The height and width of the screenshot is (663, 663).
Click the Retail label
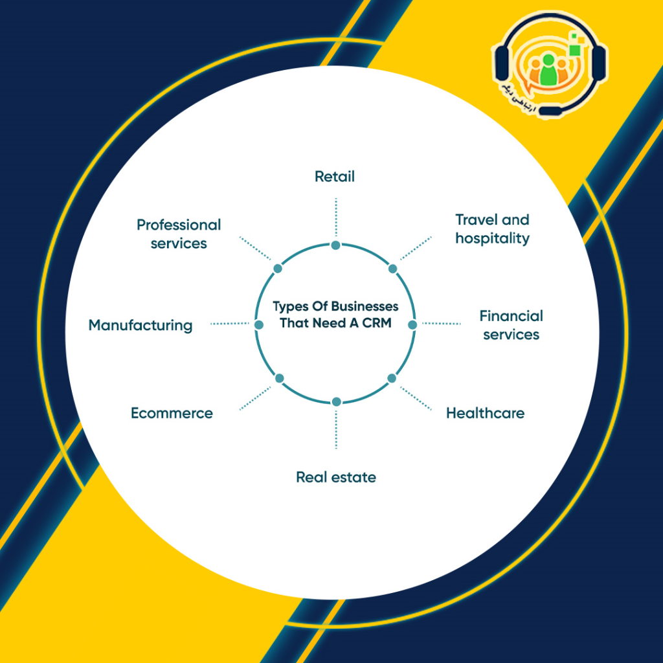[335, 176]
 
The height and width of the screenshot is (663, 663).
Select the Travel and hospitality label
[492, 229]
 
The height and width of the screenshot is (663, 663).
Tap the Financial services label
[511, 325]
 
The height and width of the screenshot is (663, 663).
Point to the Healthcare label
[485, 413]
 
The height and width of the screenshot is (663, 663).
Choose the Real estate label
[336, 477]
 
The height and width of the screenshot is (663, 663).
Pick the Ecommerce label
[172, 413]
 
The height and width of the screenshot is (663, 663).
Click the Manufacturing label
[140, 326]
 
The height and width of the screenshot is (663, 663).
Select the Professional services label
[179, 234]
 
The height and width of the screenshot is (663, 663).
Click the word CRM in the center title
[377, 323]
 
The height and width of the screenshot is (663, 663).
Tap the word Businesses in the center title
[365, 306]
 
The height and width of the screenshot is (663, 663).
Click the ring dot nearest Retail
[336, 245]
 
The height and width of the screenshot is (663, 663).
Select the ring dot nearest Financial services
[412, 324]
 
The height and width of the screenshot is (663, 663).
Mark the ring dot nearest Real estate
[337, 401]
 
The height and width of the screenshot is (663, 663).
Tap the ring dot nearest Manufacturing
[259, 325]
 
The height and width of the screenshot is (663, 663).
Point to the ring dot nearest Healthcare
[392, 378]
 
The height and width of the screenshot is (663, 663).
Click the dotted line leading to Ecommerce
[255, 398]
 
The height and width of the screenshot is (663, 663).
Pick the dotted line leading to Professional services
[255, 248]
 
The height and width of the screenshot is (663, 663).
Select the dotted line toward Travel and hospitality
[416, 248]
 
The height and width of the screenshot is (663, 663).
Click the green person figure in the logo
[548, 70]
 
